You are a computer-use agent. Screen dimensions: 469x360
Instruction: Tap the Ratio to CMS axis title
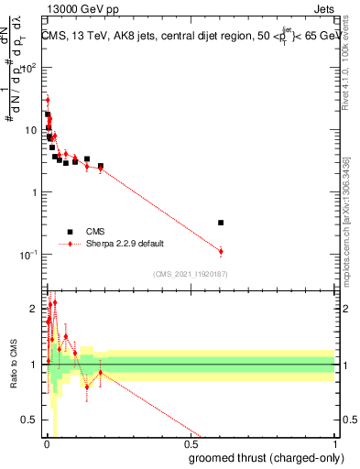(13, 365)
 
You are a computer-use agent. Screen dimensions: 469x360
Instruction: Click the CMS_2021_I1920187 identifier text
(189, 273)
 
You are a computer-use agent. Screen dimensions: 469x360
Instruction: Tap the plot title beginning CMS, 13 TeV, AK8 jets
(188, 36)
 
